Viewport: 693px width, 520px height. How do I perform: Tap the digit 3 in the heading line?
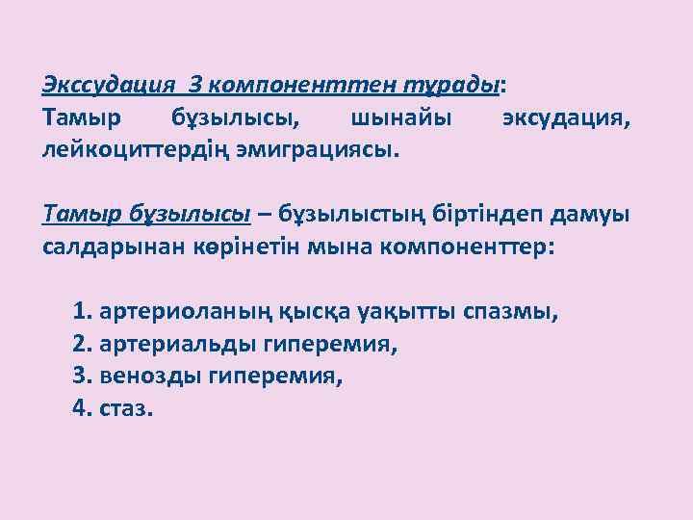(x=195, y=85)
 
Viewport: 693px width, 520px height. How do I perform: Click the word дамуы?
(x=597, y=213)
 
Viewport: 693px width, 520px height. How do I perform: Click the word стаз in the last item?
(x=123, y=407)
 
